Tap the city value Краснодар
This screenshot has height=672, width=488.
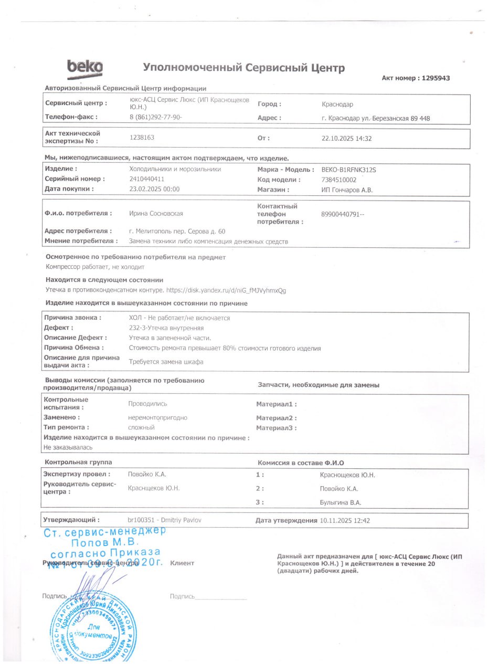pos(337,104)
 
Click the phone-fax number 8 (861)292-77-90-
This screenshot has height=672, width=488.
pos(155,117)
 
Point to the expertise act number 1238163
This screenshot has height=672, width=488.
pos(142,137)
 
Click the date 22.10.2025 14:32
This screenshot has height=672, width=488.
pos(346,139)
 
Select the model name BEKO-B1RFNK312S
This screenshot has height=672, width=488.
pos(348,170)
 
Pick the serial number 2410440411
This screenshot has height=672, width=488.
pos(147,179)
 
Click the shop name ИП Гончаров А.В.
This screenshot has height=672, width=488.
pos(346,190)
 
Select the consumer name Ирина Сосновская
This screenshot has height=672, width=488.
pos(156,213)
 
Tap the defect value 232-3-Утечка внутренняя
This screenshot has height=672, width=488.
pos(166,328)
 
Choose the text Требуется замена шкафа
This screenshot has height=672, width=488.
pos(166,362)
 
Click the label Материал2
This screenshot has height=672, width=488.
pos(276,418)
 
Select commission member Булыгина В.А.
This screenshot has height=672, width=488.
pos(341,502)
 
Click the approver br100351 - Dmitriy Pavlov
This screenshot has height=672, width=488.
pos(165,520)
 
